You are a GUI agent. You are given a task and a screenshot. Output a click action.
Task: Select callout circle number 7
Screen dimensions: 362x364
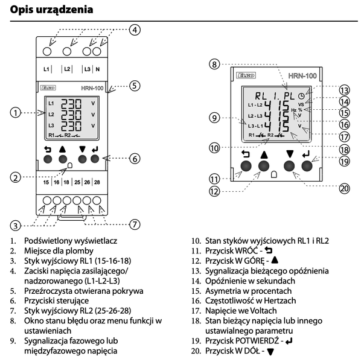tap(135, 224)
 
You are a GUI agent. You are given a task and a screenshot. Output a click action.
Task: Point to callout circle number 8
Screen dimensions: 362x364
tap(214, 64)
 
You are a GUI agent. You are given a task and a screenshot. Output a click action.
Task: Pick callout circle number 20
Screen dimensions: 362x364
tap(344, 188)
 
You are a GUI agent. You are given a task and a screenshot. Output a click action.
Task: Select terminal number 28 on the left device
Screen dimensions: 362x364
tap(97, 182)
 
